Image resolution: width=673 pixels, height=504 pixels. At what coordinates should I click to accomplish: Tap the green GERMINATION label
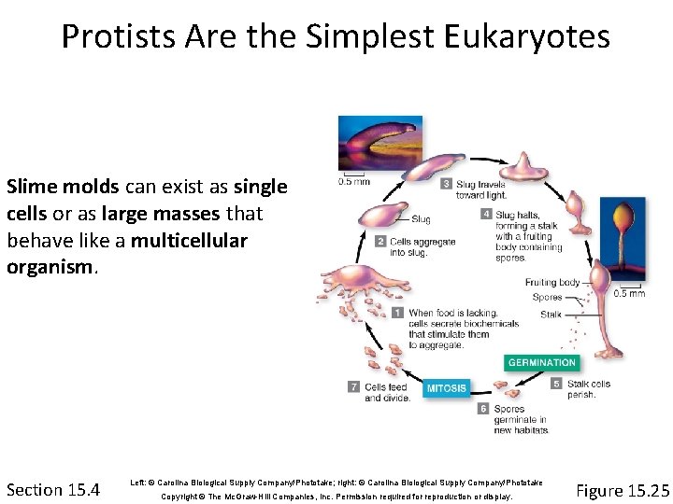pos(542,362)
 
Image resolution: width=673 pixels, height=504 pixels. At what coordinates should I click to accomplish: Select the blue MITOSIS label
pos(446,388)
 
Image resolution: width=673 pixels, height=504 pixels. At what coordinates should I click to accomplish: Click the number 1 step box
pos(397,313)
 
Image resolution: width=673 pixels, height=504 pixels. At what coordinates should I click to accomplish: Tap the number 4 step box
pos(486,214)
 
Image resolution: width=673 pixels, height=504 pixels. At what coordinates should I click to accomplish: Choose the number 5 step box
pos(557,383)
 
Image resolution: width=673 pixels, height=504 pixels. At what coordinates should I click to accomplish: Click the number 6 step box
pos(483,408)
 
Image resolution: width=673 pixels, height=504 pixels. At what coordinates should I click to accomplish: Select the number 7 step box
pos(352,386)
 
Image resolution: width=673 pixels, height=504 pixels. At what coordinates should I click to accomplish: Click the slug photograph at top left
pos(379,144)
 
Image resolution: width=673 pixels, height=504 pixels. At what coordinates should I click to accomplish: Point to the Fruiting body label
pos(552,282)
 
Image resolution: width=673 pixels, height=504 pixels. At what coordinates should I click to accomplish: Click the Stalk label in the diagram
pos(551,315)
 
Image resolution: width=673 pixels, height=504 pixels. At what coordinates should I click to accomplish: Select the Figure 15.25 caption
pos(623,490)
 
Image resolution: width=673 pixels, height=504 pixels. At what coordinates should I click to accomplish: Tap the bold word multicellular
pos(190,241)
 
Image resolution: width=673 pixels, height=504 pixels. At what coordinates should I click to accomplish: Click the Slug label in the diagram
pos(421,219)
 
